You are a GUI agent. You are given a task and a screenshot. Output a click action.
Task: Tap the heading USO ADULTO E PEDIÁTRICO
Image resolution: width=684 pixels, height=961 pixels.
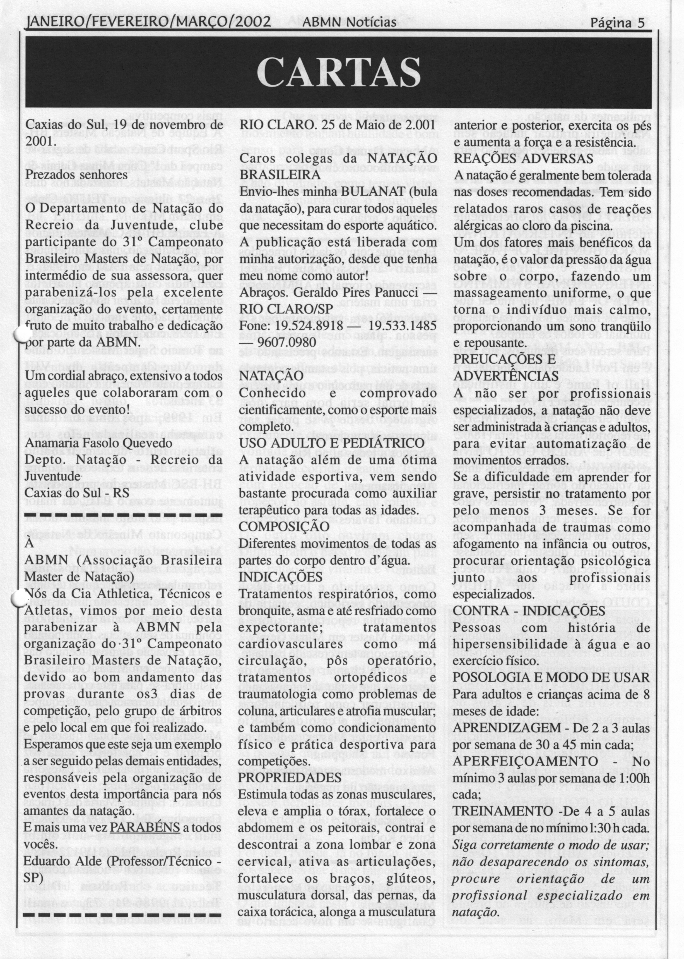pos(331,443)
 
